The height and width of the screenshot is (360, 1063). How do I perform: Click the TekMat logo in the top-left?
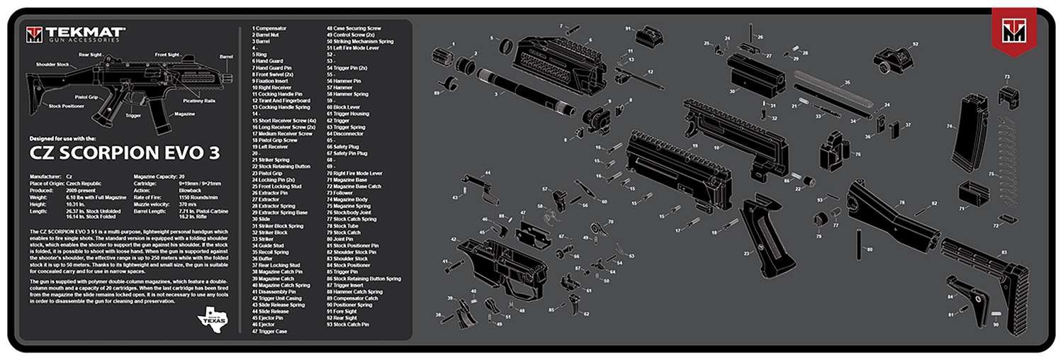[75, 33]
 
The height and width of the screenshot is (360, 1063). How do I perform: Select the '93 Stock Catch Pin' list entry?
[348, 324]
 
